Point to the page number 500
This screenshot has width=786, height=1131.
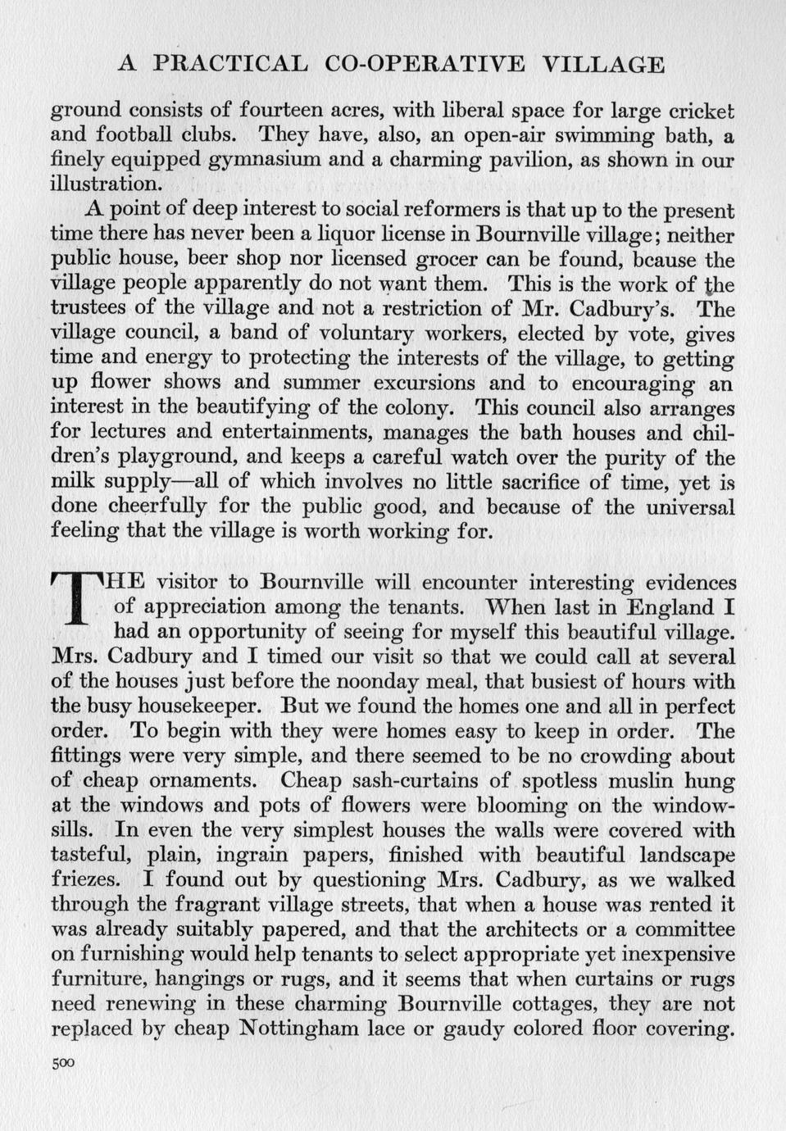[x=62, y=1063]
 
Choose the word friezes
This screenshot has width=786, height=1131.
[x=87, y=879]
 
